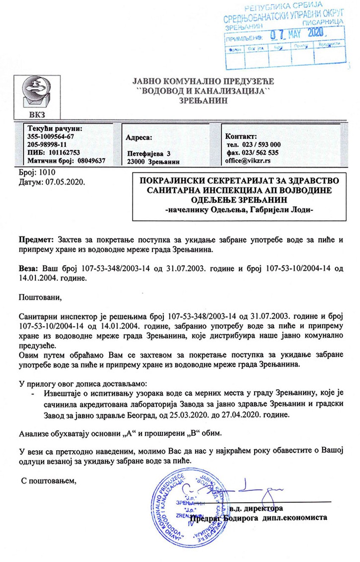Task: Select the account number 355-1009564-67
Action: (x=50, y=136)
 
